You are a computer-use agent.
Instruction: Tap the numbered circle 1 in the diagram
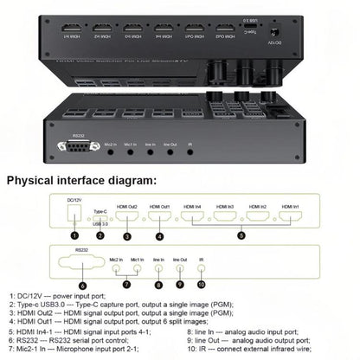[76, 234]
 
